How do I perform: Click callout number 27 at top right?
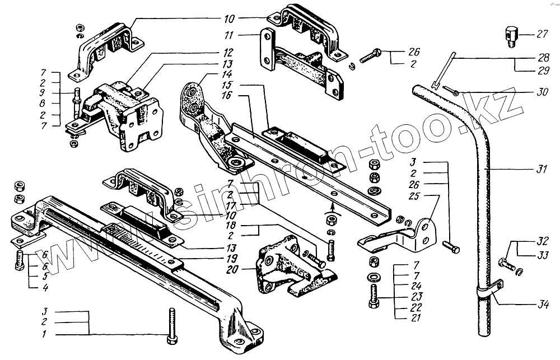[542, 34]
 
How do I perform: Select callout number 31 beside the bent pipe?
[540, 169]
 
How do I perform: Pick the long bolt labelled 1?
[172, 327]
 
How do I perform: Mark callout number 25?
[413, 196]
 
